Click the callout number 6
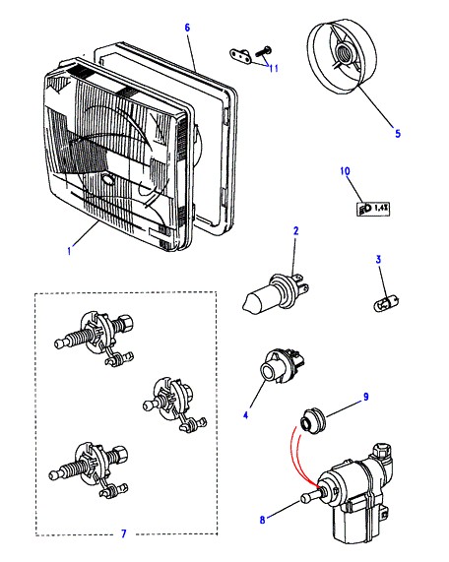(187, 28)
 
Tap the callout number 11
(274, 68)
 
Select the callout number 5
(398, 133)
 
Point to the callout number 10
(345, 171)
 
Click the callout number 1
(69, 251)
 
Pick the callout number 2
(295, 231)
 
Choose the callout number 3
(378, 259)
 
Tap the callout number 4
(245, 415)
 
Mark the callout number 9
(366, 397)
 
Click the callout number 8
(263, 520)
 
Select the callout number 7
(124, 533)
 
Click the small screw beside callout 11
(263, 52)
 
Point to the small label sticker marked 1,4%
(373, 209)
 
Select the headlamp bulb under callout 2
(276, 292)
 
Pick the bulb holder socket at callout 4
(282, 364)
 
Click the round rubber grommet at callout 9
(312, 420)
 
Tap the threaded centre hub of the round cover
(345, 53)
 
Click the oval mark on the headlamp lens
(107, 179)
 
